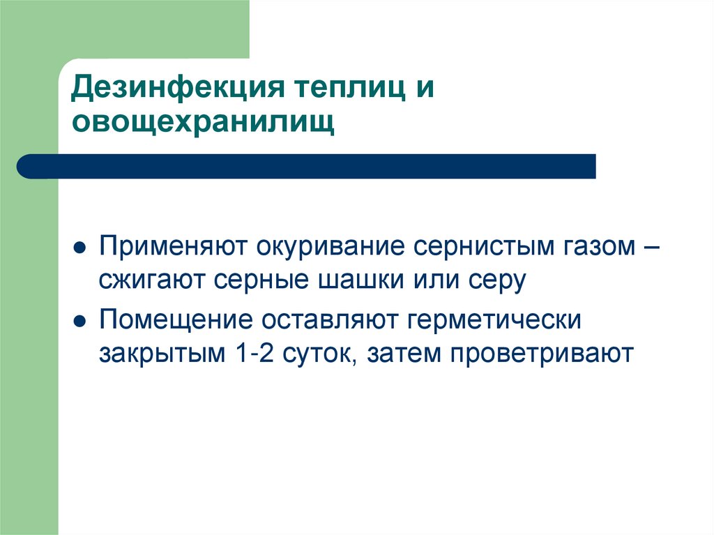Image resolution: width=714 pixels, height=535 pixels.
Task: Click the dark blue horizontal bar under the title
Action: [307, 166]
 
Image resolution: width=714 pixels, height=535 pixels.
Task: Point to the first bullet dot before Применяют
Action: [80, 248]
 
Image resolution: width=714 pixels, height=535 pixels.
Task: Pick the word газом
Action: [598, 247]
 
